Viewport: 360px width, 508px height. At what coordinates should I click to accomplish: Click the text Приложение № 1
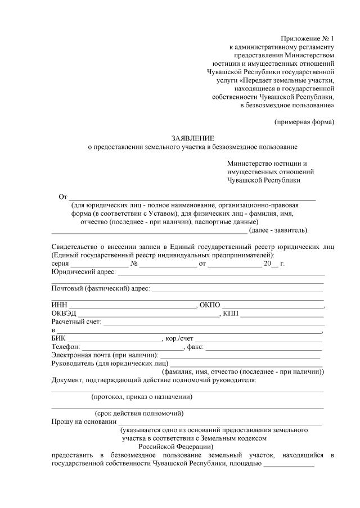[x=308, y=38]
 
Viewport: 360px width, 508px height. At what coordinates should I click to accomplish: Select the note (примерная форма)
[x=304, y=121]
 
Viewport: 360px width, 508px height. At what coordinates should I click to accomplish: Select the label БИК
[x=58, y=339]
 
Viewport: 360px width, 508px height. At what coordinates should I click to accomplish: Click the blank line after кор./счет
[x=259, y=340]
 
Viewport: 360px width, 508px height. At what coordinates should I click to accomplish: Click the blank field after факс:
[x=265, y=348]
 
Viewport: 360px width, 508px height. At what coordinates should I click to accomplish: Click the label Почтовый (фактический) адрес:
[x=101, y=288]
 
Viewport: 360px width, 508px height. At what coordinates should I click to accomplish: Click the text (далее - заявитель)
[x=278, y=230]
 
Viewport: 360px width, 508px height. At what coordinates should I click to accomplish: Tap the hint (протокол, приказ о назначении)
[x=142, y=397]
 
